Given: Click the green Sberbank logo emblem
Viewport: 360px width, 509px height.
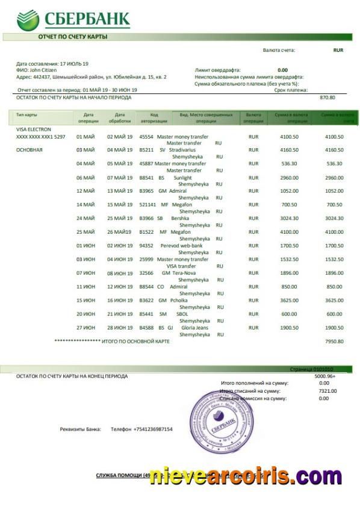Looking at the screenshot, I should click(28, 19).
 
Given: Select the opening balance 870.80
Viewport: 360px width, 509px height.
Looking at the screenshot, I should click(327, 97).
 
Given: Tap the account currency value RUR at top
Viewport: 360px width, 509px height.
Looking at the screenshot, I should click(338, 50).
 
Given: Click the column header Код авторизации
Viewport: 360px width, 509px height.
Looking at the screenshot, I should click(154, 117).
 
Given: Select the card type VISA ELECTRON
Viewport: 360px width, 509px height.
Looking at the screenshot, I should click(34, 130).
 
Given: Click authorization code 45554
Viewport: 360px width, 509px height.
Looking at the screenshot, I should click(146, 137).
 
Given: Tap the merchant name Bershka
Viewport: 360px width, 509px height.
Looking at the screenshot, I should click(180, 218).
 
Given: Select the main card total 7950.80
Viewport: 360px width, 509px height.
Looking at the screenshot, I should click(334, 342).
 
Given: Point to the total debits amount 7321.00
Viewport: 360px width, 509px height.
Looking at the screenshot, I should click(327, 391).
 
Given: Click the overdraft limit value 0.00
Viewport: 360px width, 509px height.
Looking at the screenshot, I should click(282, 70).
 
